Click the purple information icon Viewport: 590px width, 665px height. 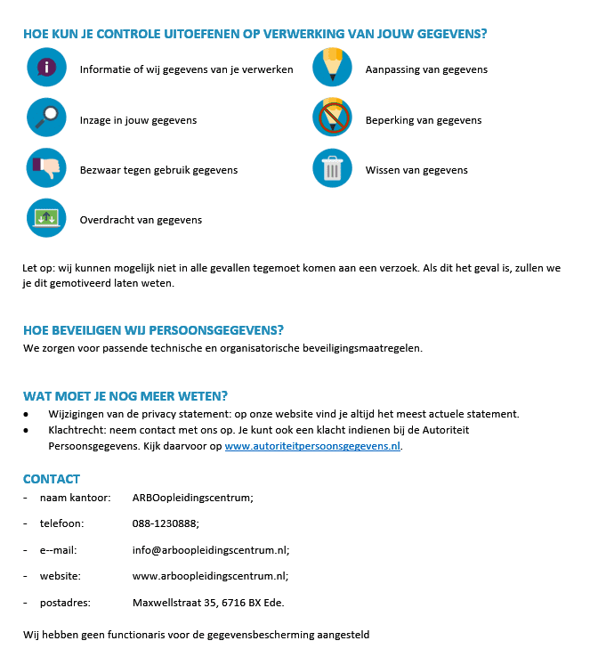pos(46,67)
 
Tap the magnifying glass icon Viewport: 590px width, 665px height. pos(46,118)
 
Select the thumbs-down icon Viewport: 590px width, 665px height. pos(46,167)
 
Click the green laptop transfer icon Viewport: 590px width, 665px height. pos(46,218)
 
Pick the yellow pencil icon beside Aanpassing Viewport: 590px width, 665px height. pos(332,67)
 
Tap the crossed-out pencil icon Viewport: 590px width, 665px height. pos(332,118)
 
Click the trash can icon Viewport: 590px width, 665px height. pos(332,167)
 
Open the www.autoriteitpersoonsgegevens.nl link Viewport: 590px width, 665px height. pos(312,446)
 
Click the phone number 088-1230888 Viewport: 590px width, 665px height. pos(166,523)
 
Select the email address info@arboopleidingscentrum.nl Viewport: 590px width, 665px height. pos(210,550)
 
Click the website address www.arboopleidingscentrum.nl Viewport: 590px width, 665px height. pos(210,576)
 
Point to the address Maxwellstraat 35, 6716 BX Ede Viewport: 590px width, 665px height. pos(208,603)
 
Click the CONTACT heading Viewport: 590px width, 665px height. pos(52,479)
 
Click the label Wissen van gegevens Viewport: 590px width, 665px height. pos(416,170)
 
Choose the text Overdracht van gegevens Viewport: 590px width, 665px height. pos(141,220)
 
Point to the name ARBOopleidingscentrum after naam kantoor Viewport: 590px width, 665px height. pos(192,498)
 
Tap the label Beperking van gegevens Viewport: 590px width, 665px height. pos(423,120)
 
